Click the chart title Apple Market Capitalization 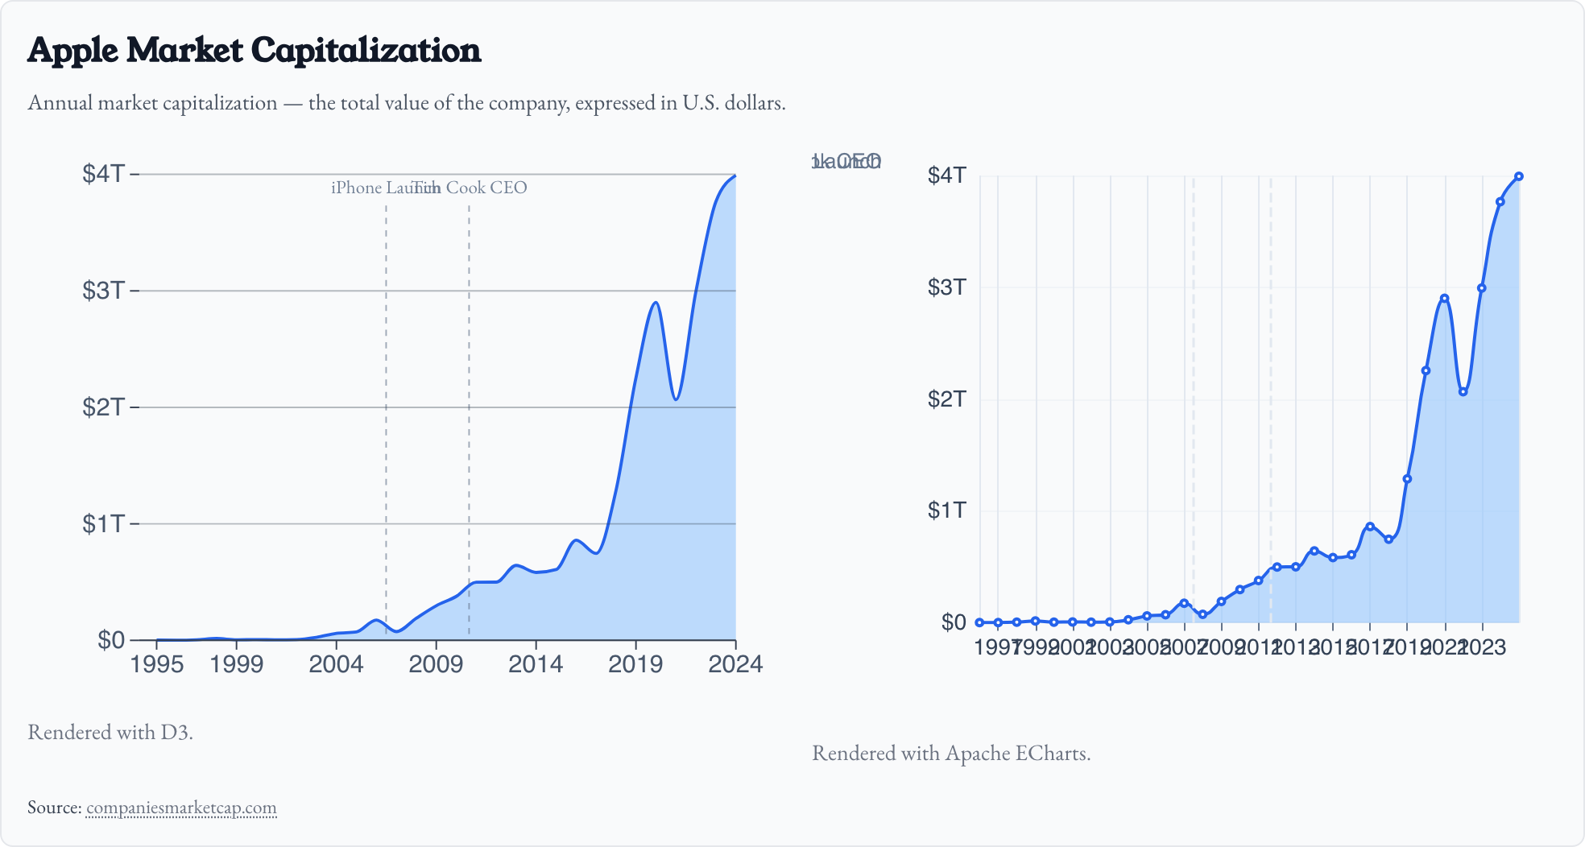tap(254, 50)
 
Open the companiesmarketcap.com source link tap(181, 808)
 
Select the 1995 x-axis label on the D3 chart tap(157, 664)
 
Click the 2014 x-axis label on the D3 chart tap(536, 664)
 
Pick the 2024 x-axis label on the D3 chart tap(735, 664)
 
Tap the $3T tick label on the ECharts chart tap(946, 287)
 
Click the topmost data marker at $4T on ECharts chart tap(1518, 176)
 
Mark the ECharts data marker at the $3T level tap(1481, 288)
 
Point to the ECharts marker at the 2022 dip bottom tap(1463, 392)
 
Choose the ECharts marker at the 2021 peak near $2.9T tap(1444, 299)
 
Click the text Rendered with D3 tap(110, 732)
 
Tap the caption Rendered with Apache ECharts tap(951, 753)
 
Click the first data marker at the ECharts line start tap(979, 622)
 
